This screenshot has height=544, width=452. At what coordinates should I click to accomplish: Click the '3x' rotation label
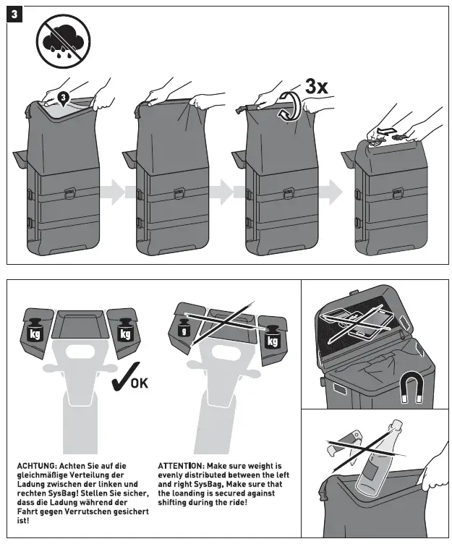(316, 87)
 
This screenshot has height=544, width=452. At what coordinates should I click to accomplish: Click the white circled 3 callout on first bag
(63, 96)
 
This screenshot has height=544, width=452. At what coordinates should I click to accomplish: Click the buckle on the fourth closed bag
(397, 193)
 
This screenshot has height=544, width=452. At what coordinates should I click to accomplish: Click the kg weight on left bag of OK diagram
(36, 332)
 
